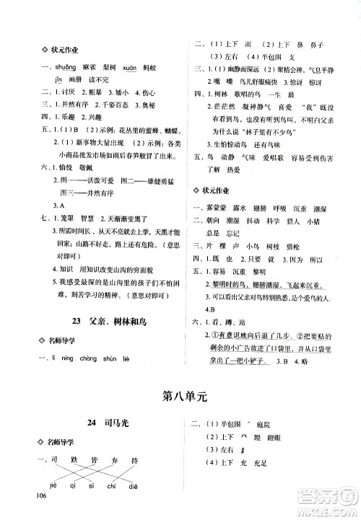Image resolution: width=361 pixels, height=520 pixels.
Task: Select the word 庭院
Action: coord(268,424)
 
